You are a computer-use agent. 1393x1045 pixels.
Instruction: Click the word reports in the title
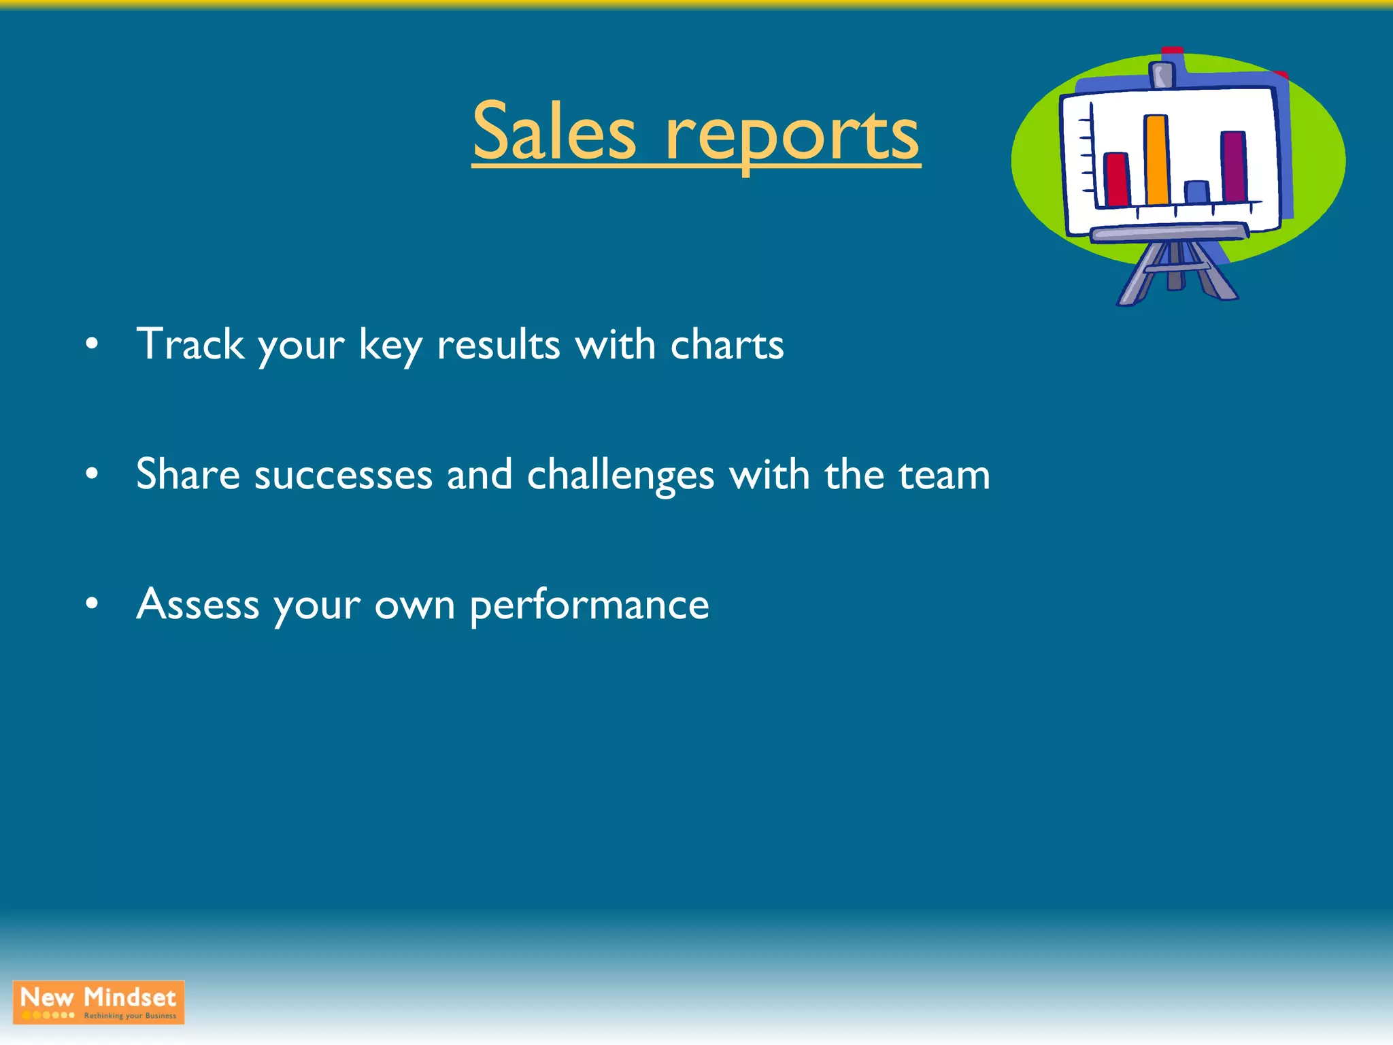click(x=792, y=136)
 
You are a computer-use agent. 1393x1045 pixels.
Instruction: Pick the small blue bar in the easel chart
click(x=1196, y=192)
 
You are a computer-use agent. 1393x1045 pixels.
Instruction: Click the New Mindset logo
click(x=99, y=1001)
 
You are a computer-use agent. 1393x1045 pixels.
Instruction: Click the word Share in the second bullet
click(x=188, y=474)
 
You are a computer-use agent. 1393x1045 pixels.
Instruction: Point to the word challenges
click(x=620, y=475)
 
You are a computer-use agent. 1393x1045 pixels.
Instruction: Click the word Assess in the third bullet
click(x=197, y=603)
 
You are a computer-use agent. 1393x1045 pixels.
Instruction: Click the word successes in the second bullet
click(x=343, y=475)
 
